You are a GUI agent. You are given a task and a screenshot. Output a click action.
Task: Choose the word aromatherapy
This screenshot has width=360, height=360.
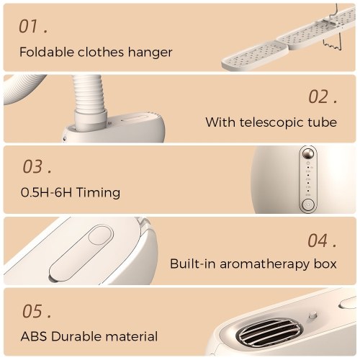tap(264, 265)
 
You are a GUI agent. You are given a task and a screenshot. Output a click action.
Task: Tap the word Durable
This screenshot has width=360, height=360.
tap(76, 336)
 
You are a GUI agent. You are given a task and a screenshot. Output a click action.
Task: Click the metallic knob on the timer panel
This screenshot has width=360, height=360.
tap(308, 154)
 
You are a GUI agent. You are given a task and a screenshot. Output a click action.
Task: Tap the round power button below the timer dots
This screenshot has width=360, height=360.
tap(308, 204)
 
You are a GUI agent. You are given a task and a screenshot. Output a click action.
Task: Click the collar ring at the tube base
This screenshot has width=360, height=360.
tap(91, 120)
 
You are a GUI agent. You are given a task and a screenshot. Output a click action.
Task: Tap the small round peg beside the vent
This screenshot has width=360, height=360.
tap(312, 315)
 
